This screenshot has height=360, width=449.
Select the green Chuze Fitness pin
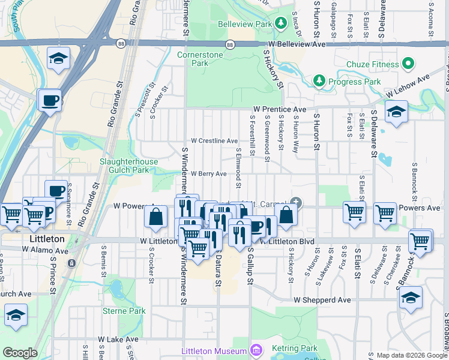pos(408,64)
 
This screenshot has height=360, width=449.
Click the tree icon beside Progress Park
pos(319,81)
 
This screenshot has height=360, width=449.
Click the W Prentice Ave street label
pos(279,109)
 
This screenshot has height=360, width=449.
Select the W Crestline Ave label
pos(214,141)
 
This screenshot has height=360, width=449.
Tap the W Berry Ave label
pos(208,173)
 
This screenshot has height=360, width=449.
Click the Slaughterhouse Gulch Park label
pos(128,166)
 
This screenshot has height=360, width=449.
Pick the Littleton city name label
pos(47,239)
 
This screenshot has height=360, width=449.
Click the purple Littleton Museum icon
pos(256,350)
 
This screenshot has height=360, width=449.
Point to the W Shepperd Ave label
pos(322,299)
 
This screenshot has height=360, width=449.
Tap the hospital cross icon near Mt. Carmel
pos(296,202)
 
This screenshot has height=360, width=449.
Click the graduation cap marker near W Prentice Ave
pos(396,112)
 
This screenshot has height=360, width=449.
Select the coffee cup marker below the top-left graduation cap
pos(50,100)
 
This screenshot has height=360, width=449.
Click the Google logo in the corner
pos(19,353)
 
